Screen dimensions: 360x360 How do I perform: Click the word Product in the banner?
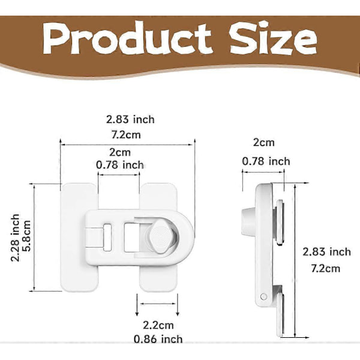(x=127, y=38)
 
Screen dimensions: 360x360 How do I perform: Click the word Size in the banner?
(x=273, y=38)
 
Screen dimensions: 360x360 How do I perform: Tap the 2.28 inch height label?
(x=15, y=238)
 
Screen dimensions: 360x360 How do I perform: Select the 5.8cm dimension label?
(x=27, y=236)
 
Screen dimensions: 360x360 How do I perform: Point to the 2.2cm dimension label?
(x=158, y=325)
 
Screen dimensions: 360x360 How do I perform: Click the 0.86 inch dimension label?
(x=158, y=339)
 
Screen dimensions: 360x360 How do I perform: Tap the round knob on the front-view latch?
(x=161, y=236)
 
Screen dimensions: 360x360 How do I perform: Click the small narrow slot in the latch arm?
(x=107, y=238)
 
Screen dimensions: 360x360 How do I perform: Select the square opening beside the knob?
(x=131, y=238)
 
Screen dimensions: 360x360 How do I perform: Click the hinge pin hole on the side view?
(x=264, y=296)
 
